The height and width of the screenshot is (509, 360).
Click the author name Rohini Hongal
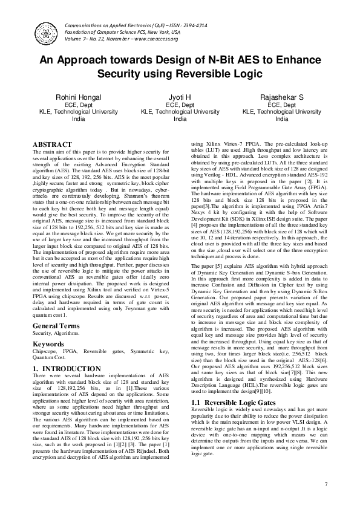pyautogui.click(x=79, y=97)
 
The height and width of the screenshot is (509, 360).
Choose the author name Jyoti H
pyautogui.click(x=180, y=97)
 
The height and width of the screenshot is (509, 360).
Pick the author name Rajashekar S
pyautogui.click(x=281, y=97)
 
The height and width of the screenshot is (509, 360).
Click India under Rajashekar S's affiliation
pyautogui.click(x=281, y=119)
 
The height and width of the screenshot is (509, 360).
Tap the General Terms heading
pyautogui.click(x=56, y=325)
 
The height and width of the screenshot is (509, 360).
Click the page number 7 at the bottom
pyautogui.click(x=326, y=484)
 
